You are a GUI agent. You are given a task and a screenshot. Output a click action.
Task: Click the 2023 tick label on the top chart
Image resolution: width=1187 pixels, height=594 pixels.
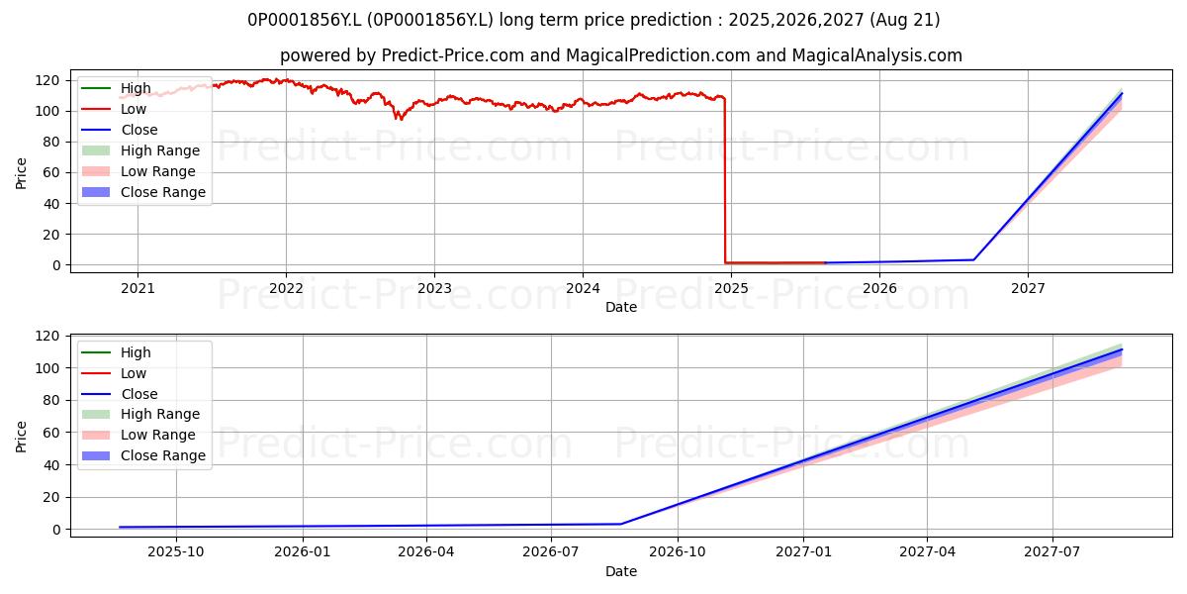[434, 288]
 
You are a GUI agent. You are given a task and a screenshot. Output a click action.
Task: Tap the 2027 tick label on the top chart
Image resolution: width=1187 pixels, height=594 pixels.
[1028, 288]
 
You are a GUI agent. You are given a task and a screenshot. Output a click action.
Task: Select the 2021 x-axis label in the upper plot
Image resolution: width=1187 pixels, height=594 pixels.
[137, 288]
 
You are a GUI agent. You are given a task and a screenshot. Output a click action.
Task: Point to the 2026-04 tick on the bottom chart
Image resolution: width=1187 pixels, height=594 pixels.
[426, 552]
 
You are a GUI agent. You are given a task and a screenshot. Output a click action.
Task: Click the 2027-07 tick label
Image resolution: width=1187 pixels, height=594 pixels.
[1051, 552]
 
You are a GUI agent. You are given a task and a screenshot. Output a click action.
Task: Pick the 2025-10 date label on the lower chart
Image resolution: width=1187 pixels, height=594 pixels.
[176, 552]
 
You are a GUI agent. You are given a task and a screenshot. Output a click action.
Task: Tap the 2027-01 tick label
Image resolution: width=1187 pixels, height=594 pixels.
[803, 552]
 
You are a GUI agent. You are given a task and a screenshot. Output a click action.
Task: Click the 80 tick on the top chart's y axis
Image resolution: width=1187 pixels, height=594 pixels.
[51, 143]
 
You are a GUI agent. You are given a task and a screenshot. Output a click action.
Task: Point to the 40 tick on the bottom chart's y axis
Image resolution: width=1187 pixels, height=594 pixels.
[51, 465]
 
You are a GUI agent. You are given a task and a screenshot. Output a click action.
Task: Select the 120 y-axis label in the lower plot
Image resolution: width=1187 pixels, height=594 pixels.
[47, 337]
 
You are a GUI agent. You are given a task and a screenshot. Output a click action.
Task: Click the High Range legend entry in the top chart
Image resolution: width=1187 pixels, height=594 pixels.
[140, 150]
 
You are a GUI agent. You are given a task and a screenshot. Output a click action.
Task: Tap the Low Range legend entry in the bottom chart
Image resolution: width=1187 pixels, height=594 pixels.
[138, 435]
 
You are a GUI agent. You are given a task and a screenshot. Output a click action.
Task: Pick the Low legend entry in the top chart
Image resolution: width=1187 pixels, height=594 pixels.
[114, 109]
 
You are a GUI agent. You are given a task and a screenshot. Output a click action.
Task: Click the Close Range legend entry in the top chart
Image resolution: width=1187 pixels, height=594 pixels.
[144, 192]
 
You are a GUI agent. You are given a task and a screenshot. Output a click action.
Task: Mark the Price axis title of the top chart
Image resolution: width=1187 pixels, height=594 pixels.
[21, 173]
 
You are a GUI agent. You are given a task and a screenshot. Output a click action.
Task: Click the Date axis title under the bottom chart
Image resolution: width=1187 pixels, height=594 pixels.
[621, 571]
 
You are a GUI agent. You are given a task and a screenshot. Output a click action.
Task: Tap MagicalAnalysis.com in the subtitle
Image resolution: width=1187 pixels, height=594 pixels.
[877, 55]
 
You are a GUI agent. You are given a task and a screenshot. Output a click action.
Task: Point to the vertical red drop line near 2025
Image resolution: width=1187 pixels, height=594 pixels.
[725, 180]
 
